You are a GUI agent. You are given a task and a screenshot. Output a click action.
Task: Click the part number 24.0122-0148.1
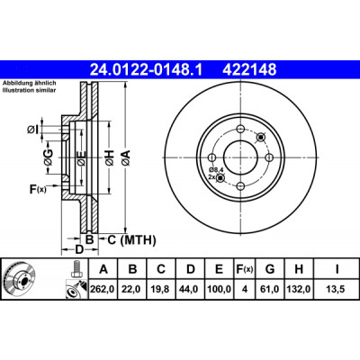coord(147,70)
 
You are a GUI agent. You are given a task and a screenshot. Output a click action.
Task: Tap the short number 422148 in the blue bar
coord(249,70)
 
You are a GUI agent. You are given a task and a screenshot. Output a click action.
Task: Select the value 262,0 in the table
coord(103,289)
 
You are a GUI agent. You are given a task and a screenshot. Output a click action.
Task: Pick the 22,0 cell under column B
coord(132,289)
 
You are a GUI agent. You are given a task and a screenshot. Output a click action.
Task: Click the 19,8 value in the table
coord(161,289)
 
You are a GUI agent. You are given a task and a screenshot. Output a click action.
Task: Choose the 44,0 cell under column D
coord(191,289)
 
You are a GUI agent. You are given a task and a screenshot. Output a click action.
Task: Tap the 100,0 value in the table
coord(220,289)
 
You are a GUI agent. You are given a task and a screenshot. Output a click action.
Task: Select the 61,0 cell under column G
coord(270,289)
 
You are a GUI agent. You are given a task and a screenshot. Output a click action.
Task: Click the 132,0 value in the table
coord(299,289)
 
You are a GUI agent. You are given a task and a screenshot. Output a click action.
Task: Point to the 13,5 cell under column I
coord(337,289)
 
